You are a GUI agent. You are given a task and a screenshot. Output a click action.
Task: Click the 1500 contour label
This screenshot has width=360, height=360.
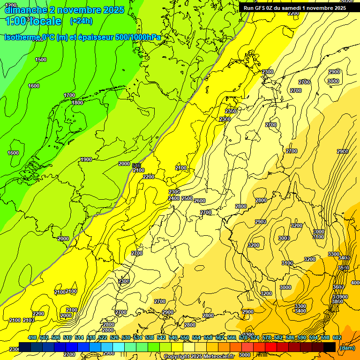coord(41,60)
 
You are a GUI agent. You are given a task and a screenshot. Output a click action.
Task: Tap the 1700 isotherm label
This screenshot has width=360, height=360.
coord(69,95)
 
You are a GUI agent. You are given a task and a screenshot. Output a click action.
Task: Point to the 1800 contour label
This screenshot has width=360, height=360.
coord(77,103)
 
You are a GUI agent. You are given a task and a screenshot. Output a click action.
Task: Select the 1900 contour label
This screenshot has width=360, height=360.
coord(86,159)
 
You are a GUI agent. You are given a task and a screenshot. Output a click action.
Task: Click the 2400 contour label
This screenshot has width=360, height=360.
coord(174,198)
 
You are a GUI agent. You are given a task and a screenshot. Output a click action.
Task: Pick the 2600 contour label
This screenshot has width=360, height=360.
coord(200,201)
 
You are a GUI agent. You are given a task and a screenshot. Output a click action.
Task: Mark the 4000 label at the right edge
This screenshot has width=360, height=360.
coord(356,283)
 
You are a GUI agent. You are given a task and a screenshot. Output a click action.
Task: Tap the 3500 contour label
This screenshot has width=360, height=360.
coord(344,268)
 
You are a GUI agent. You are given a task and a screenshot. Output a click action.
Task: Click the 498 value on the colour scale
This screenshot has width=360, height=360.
coord(32,337)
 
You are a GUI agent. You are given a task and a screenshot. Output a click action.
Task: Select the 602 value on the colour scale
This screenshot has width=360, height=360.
coord(337,337)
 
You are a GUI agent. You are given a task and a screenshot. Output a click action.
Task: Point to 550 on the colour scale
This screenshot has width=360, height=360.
coord(185,337)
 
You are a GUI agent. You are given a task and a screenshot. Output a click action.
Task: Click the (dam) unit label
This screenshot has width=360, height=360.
coord(347,347)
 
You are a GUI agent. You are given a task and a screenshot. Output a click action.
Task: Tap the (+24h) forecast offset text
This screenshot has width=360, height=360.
coord(81,21)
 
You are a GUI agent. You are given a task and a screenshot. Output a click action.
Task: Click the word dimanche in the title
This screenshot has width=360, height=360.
coord(26,10)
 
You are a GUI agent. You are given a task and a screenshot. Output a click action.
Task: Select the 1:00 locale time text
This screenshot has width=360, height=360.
coord(33,21)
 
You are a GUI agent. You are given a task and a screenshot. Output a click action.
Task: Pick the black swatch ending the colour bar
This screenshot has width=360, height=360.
coord(330,347)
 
